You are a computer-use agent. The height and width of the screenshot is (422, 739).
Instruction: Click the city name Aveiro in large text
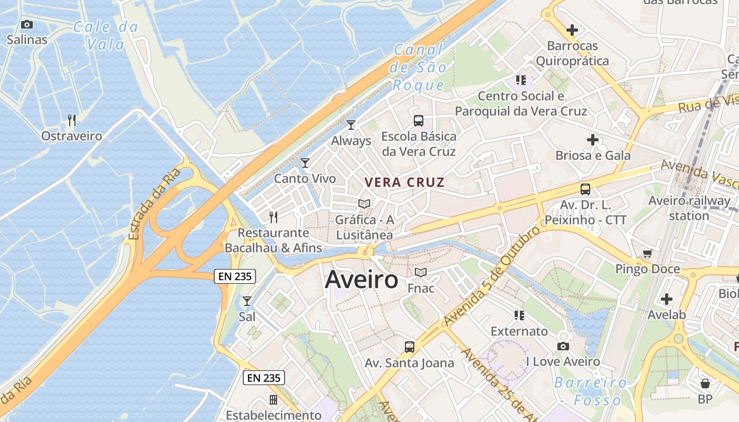pyautogui.click(x=362, y=280)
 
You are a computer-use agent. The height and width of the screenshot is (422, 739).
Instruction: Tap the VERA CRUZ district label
pyautogui.click(x=405, y=183)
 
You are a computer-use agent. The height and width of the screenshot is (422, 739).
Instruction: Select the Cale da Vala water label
pyautogui.click(x=106, y=35)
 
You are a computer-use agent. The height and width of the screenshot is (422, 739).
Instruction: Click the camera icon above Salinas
pyautogui.click(x=26, y=24)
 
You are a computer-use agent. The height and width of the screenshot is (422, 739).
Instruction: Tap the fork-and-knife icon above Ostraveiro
pyautogui.click(x=72, y=120)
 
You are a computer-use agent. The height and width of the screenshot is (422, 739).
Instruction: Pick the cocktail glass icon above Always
pyautogui.click(x=351, y=125)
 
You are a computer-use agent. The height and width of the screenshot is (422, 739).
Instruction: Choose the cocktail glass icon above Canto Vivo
pyautogui.click(x=305, y=162)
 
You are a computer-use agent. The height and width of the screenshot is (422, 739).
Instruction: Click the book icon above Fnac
pyautogui.click(x=421, y=272)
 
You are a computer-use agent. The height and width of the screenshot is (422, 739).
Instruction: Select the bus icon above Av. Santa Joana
pyautogui.click(x=410, y=347)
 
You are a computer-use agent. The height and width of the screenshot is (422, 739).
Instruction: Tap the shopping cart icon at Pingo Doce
pyautogui.click(x=648, y=254)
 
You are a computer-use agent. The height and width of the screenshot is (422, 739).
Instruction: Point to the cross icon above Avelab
pyautogui.click(x=667, y=299)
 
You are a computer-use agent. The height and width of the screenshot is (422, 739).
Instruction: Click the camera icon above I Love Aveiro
pyautogui.click(x=563, y=346)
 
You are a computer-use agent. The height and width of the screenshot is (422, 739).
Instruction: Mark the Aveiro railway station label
pyautogui.click(x=689, y=208)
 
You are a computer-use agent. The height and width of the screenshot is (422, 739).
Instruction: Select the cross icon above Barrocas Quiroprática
pyautogui.click(x=572, y=30)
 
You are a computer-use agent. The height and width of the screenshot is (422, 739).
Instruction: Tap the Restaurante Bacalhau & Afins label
pyautogui.click(x=273, y=240)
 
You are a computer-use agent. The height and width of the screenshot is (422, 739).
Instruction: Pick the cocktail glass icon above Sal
pyautogui.click(x=247, y=301)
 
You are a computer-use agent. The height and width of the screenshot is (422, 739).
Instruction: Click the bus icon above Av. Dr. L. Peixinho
pyautogui.click(x=585, y=189)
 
